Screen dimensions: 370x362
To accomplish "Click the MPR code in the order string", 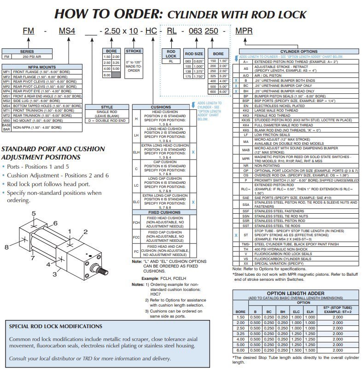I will pos(244,31).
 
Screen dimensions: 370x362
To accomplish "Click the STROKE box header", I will pos(134,51).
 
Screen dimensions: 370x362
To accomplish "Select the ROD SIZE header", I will pos(194,54).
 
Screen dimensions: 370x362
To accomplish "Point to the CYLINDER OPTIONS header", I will pos(299,51).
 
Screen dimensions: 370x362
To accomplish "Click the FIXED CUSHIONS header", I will pos(161,212).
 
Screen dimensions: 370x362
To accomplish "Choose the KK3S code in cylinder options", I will pos(246,120).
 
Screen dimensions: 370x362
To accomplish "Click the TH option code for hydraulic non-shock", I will pos(246,249).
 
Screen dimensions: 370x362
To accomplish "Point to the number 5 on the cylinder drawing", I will pos(34,213).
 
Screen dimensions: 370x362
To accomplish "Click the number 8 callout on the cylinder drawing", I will pos(7,247).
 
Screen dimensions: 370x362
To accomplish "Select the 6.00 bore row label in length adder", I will pos(240,350).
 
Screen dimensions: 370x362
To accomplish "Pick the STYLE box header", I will pos(106,108).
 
